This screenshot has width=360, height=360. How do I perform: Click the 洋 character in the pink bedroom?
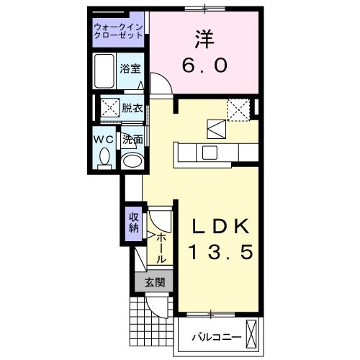(204, 37)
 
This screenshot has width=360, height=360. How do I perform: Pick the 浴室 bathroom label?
(131, 70)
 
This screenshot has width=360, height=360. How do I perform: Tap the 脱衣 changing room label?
(132, 109)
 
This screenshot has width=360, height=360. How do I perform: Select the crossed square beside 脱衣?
(109, 108)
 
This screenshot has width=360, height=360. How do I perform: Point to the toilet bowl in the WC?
(104, 156)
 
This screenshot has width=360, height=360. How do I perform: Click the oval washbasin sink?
(130, 161)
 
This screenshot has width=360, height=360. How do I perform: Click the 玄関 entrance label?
(153, 282)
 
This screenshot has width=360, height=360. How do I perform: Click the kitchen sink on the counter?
(210, 152)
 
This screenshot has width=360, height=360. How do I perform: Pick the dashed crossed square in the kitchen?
(237, 108)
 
